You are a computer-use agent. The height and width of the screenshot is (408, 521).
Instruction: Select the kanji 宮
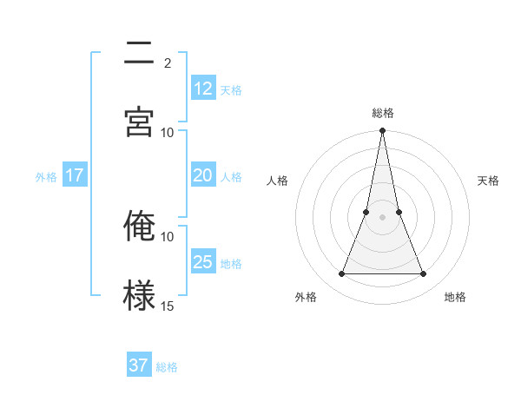pos(140,120)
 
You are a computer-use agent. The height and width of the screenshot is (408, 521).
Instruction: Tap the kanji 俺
pos(140,226)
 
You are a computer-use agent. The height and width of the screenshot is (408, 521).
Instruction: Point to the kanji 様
pos(140,295)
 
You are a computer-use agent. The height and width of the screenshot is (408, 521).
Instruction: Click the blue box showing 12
pos(203,89)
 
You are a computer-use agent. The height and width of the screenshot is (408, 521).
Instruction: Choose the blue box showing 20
pos(203,175)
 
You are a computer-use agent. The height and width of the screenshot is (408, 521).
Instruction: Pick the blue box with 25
pos(203,262)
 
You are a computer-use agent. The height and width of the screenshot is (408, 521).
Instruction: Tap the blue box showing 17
pos(75,175)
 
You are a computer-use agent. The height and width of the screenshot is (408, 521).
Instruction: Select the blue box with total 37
pos(139,365)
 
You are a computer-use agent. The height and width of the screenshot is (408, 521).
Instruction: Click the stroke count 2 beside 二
pos(168,63)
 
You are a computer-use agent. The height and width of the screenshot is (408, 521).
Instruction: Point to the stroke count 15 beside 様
pos(168,306)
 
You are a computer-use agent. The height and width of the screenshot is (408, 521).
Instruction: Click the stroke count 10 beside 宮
pos(168,132)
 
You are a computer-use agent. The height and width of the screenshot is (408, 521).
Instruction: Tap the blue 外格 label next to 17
pos(46,177)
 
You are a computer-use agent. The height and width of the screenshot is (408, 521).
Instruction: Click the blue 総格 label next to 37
pos(167,367)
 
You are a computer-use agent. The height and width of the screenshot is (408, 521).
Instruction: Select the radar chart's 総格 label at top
pos(383,113)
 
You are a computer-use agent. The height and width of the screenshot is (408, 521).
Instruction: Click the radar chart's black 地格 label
pos(455,297)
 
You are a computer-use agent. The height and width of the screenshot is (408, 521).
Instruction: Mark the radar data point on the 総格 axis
pos(382,131)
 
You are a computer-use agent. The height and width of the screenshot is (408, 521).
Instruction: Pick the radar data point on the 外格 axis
pos(341,274)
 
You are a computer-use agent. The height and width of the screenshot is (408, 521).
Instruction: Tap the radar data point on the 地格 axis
pos(424,274)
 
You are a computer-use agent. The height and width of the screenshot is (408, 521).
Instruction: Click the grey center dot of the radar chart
pos(382,217)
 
